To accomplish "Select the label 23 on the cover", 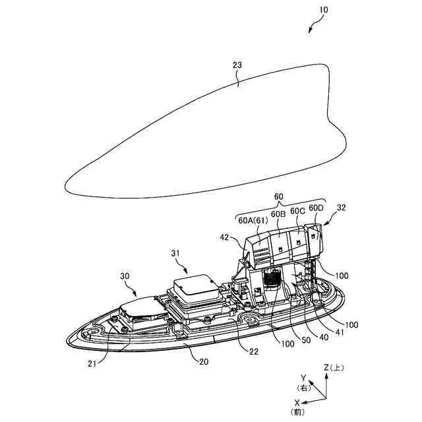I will coord(237,65).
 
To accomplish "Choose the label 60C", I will coord(298,211).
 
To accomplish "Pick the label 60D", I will coord(316,209).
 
